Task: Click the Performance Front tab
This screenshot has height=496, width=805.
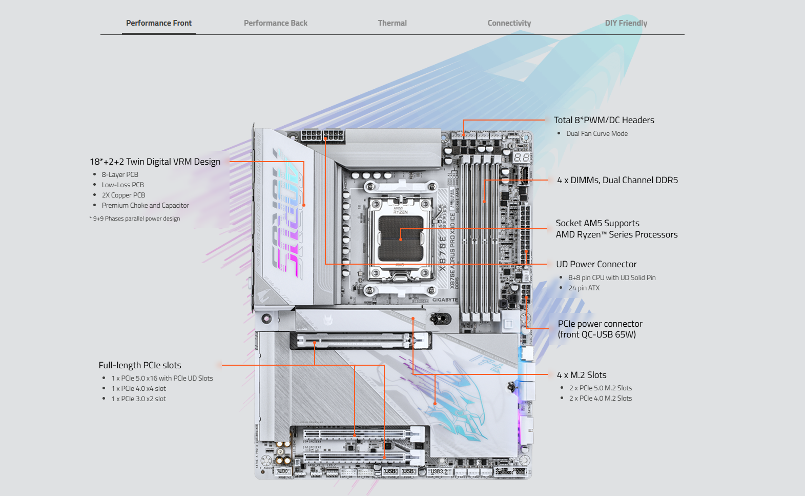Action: click(159, 23)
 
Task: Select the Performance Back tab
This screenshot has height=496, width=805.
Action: click(276, 23)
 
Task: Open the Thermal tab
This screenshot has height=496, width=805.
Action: click(393, 23)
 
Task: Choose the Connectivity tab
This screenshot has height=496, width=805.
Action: click(509, 23)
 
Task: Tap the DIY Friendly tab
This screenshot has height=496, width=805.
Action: click(626, 23)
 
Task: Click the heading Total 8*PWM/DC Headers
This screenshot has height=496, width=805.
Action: click(604, 120)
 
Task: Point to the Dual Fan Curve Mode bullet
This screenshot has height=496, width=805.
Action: click(597, 134)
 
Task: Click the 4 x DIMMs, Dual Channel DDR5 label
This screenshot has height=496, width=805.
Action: click(617, 180)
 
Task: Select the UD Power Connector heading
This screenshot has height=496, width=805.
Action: click(596, 264)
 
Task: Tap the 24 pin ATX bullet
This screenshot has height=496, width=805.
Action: click(584, 288)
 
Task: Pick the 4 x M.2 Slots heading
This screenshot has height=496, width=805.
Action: click(582, 375)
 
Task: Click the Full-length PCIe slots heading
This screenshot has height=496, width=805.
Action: click(140, 365)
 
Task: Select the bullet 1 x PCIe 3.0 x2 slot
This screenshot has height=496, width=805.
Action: click(139, 399)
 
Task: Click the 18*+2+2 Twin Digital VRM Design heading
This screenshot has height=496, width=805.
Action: click(155, 162)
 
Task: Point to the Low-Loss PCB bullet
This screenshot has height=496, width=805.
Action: click(123, 185)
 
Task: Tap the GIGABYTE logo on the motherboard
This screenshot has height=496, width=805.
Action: click(445, 300)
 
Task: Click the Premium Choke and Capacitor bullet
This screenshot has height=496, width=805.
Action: click(146, 206)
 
